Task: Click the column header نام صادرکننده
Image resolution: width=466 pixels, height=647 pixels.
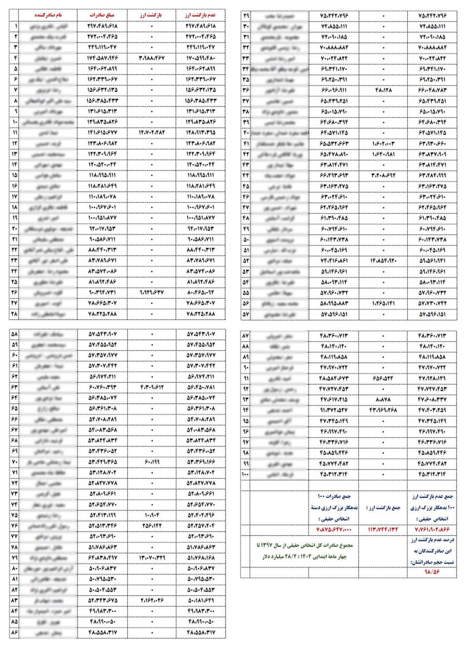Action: click(x=48, y=16)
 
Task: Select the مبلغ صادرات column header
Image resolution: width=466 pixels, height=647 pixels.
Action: click(x=103, y=16)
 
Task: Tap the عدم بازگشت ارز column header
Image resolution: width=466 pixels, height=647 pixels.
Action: click(x=201, y=16)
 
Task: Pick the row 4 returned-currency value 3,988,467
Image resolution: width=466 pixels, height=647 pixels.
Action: click(x=152, y=58)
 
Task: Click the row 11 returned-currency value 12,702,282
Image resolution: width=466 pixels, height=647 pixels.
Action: click(x=152, y=132)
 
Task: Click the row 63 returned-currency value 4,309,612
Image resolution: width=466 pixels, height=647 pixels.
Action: click(x=152, y=388)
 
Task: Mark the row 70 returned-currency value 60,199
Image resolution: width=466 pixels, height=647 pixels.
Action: click(x=152, y=462)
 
